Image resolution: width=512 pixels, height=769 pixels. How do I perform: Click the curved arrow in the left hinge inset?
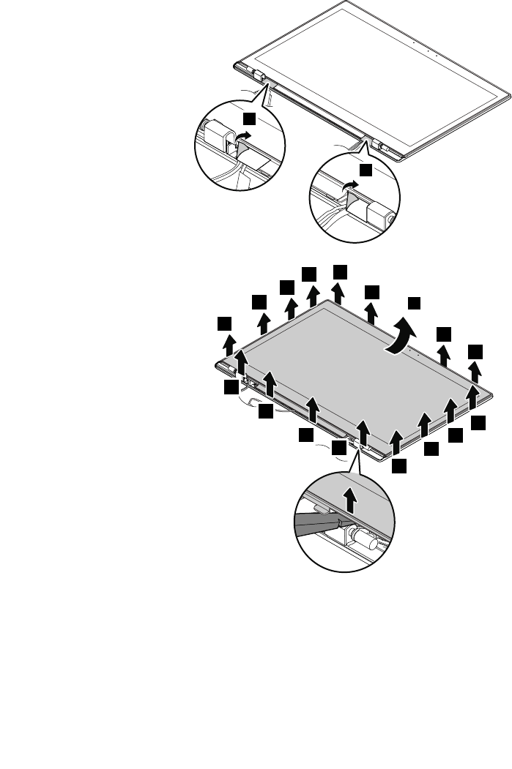244,137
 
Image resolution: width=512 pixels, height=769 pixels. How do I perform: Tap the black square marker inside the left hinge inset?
250,118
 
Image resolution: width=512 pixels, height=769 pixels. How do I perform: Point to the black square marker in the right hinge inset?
366,169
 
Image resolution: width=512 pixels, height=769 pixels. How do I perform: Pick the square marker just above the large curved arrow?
415,302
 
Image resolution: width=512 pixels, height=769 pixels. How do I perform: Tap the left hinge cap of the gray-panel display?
223,364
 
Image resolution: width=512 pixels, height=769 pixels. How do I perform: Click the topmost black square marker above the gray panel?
340,271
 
